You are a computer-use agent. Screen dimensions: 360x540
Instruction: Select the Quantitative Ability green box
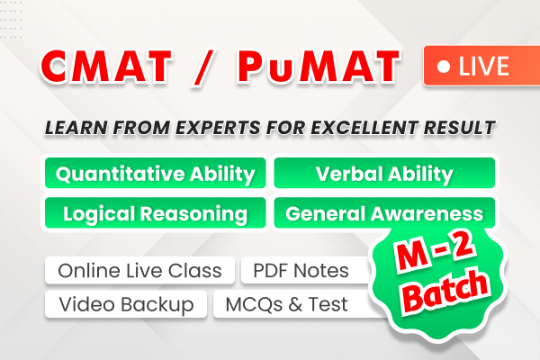[x=155, y=175]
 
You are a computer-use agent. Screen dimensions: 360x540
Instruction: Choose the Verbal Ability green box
[x=384, y=175]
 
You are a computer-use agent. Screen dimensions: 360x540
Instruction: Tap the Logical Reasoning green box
[x=155, y=214]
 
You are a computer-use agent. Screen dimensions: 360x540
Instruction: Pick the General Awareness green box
[x=384, y=214]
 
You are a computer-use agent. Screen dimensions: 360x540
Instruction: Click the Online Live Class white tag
[x=139, y=270]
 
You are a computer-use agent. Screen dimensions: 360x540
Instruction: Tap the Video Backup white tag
[x=126, y=304]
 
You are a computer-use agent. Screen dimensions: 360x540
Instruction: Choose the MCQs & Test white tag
[x=288, y=304]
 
